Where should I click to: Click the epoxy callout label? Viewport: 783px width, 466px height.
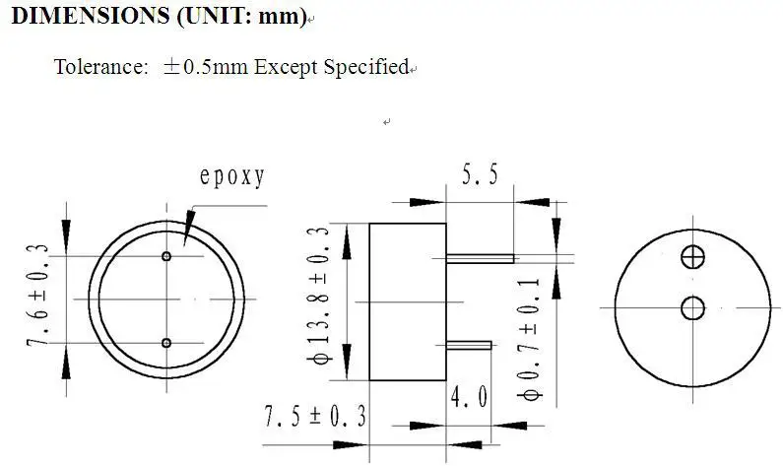[x=232, y=177]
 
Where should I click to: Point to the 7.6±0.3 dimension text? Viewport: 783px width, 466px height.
[x=40, y=297]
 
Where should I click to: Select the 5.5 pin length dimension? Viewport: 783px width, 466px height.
[x=480, y=175]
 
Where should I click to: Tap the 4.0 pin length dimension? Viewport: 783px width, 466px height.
[x=469, y=398]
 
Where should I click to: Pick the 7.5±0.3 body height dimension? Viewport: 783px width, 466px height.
[x=314, y=416]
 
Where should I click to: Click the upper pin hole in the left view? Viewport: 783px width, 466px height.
[x=166, y=256]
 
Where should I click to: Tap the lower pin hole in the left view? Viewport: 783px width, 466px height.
[x=166, y=343]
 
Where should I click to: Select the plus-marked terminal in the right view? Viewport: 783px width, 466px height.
[x=693, y=256]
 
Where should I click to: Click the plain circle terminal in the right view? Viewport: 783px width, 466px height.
[x=693, y=308]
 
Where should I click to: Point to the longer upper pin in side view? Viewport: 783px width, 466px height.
[x=481, y=259]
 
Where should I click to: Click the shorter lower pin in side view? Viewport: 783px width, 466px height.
[x=469, y=345]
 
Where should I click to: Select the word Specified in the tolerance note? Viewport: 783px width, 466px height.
[x=365, y=67]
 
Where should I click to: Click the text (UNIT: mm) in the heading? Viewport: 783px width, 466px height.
[x=242, y=17]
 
